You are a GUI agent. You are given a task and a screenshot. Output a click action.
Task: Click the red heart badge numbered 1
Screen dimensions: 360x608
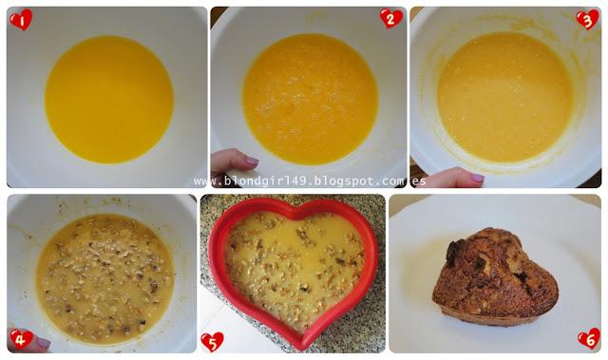click(20, 20)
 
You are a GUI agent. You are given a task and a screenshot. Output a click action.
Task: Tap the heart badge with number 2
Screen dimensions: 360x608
click(390, 19)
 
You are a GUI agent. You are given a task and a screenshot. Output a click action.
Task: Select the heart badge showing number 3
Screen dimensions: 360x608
click(588, 20)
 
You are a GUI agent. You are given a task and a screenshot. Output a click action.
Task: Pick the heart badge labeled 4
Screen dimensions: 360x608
click(21, 337)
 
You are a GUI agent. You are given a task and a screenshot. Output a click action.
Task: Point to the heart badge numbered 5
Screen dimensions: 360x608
click(212, 341)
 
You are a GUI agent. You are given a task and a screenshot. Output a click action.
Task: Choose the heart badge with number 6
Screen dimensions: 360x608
click(588, 337)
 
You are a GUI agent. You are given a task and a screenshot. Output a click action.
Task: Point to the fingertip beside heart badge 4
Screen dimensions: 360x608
click(42, 342)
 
